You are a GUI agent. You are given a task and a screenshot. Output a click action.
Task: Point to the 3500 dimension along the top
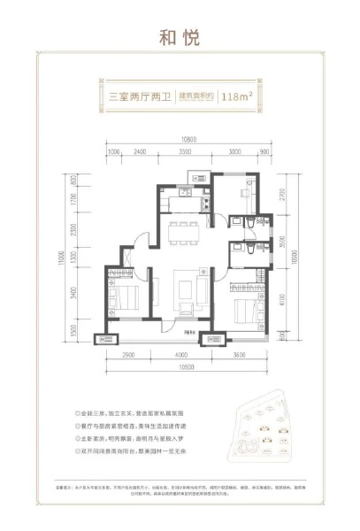pos(184,151)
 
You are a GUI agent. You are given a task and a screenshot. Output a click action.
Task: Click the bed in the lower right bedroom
pos(245,312)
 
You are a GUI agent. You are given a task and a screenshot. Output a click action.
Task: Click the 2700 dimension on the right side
pos(280,195)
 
